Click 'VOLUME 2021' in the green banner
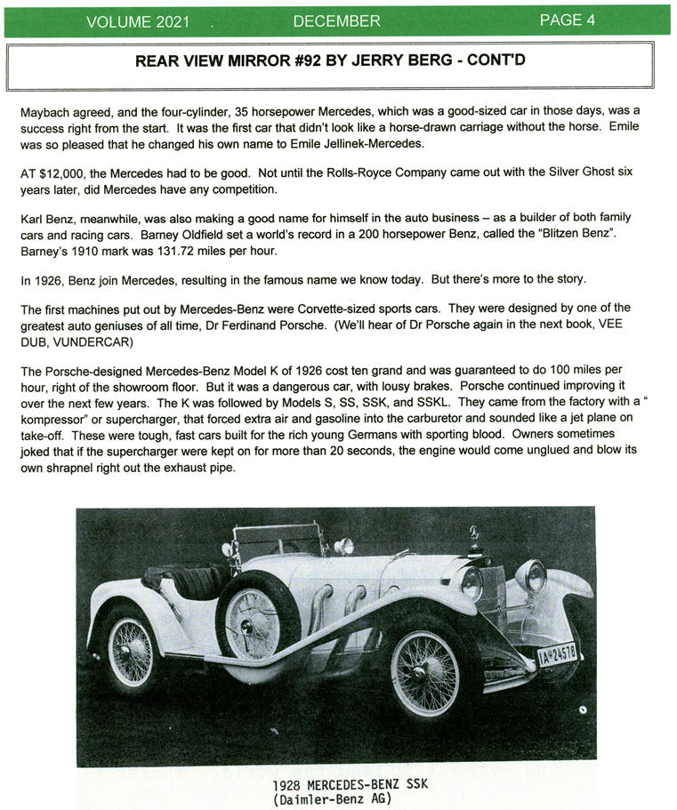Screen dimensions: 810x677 tap(138, 21)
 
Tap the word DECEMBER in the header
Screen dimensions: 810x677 tap(336, 20)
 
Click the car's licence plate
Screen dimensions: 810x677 tap(558, 654)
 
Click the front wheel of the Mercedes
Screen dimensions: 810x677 tap(425, 672)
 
